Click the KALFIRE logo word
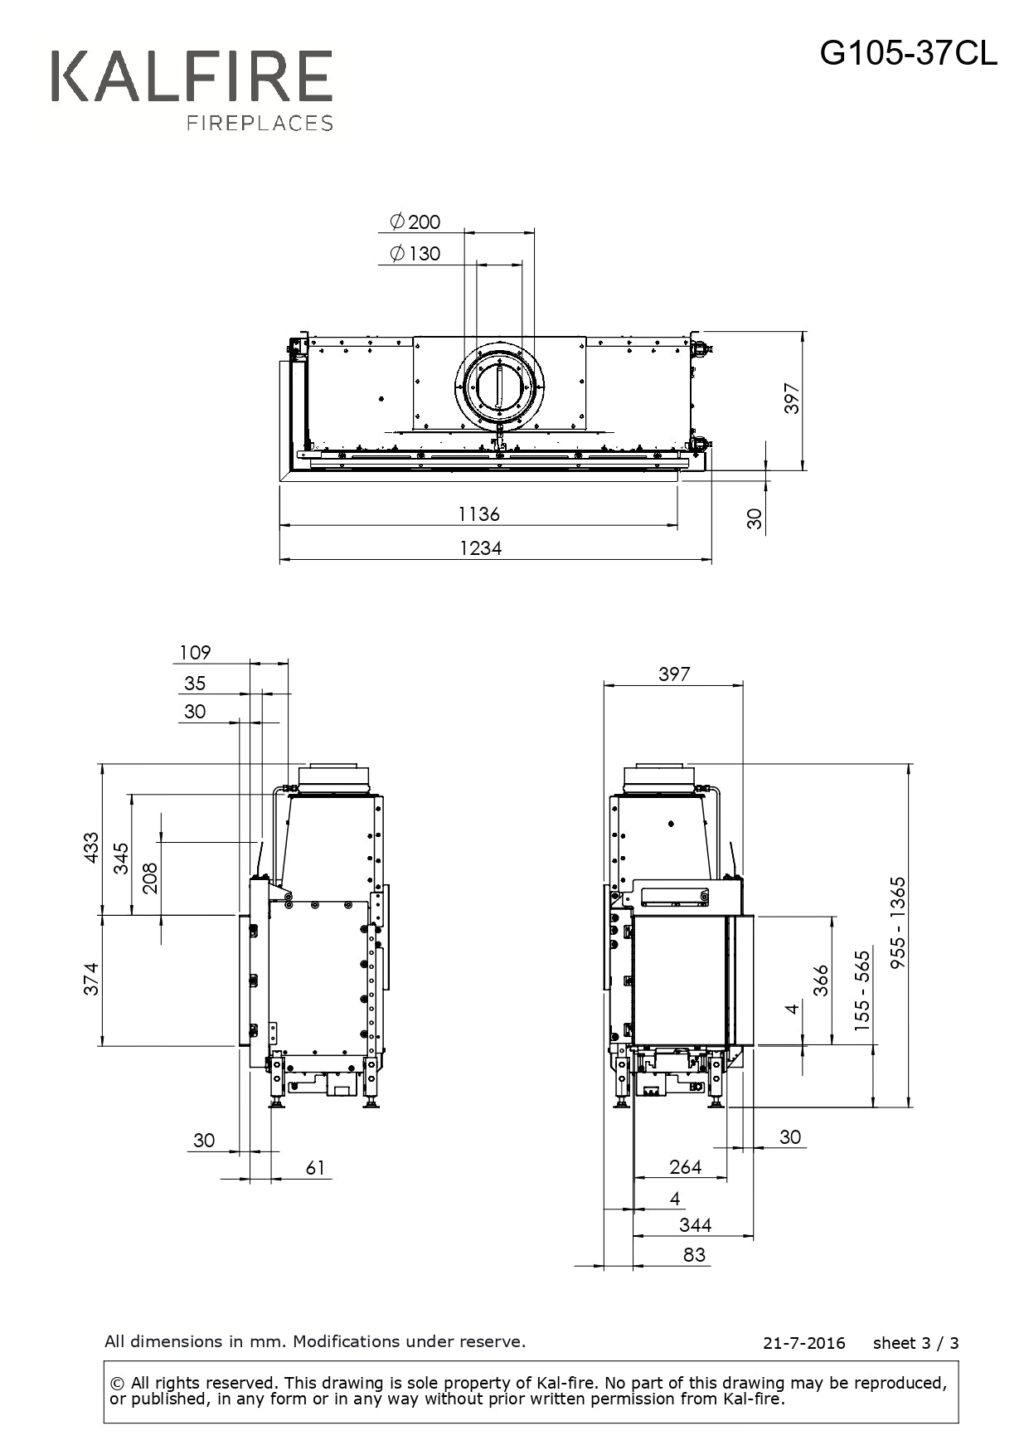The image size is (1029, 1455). pos(192,76)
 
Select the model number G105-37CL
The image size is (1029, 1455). pos(909,54)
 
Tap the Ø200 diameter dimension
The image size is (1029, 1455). pos(415,221)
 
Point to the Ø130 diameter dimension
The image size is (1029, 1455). pos(415,253)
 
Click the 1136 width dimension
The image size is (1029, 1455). pos(479,513)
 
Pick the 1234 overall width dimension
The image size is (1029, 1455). pos(481,547)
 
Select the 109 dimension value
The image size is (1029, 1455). pos(195,652)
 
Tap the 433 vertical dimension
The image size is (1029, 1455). pos(90,848)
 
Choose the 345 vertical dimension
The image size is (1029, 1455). pos(121,858)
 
